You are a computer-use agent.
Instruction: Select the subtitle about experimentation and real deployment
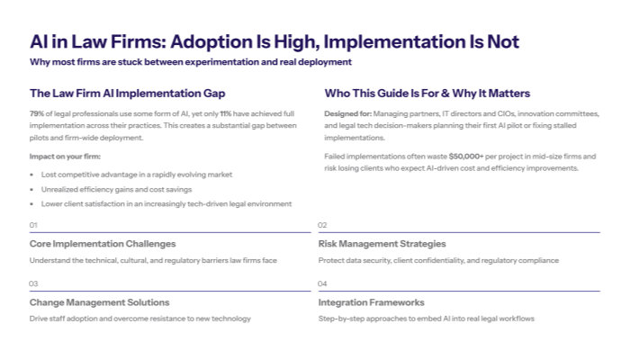[x=190, y=62]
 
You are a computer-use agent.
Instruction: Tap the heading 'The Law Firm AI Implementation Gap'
[x=127, y=93]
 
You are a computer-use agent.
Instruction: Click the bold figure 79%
[x=37, y=114]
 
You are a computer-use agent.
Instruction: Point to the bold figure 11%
[x=226, y=114]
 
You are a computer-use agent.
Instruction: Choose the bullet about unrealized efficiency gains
[x=117, y=189]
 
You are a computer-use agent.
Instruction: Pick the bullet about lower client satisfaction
[x=166, y=203]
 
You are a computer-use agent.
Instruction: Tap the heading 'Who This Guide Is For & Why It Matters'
[x=427, y=93]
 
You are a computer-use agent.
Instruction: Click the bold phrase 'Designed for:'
[x=346, y=114]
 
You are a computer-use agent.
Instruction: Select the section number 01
[x=34, y=225]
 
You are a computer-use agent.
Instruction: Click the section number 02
[x=323, y=225]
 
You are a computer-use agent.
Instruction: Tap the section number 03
[x=34, y=283]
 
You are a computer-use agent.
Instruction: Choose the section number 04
[x=323, y=283]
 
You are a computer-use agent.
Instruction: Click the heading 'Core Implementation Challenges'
[x=103, y=243]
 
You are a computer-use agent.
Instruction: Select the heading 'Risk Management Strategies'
[x=383, y=243]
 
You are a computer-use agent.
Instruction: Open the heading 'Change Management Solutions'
[x=99, y=302]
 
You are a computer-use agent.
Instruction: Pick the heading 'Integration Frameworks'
[x=371, y=302]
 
